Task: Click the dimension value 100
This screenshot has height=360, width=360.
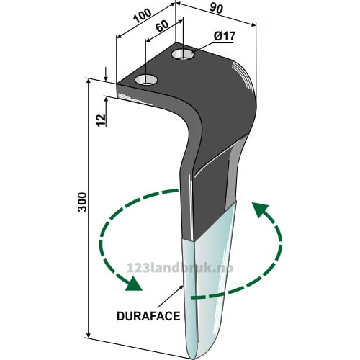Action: pos(143,16)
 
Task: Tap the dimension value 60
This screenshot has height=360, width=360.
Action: pos(162,26)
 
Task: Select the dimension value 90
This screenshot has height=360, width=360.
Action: pos(216,8)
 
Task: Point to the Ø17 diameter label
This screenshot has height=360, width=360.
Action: pos(225,37)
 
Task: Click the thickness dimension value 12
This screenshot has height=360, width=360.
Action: pos(102,120)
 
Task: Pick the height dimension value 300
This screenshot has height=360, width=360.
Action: pos(82,202)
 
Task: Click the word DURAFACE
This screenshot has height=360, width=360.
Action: pos(148,316)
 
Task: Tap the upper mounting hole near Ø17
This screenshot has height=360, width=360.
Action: pos(183,54)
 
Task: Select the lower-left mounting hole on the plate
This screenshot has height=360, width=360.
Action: pos(146,80)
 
